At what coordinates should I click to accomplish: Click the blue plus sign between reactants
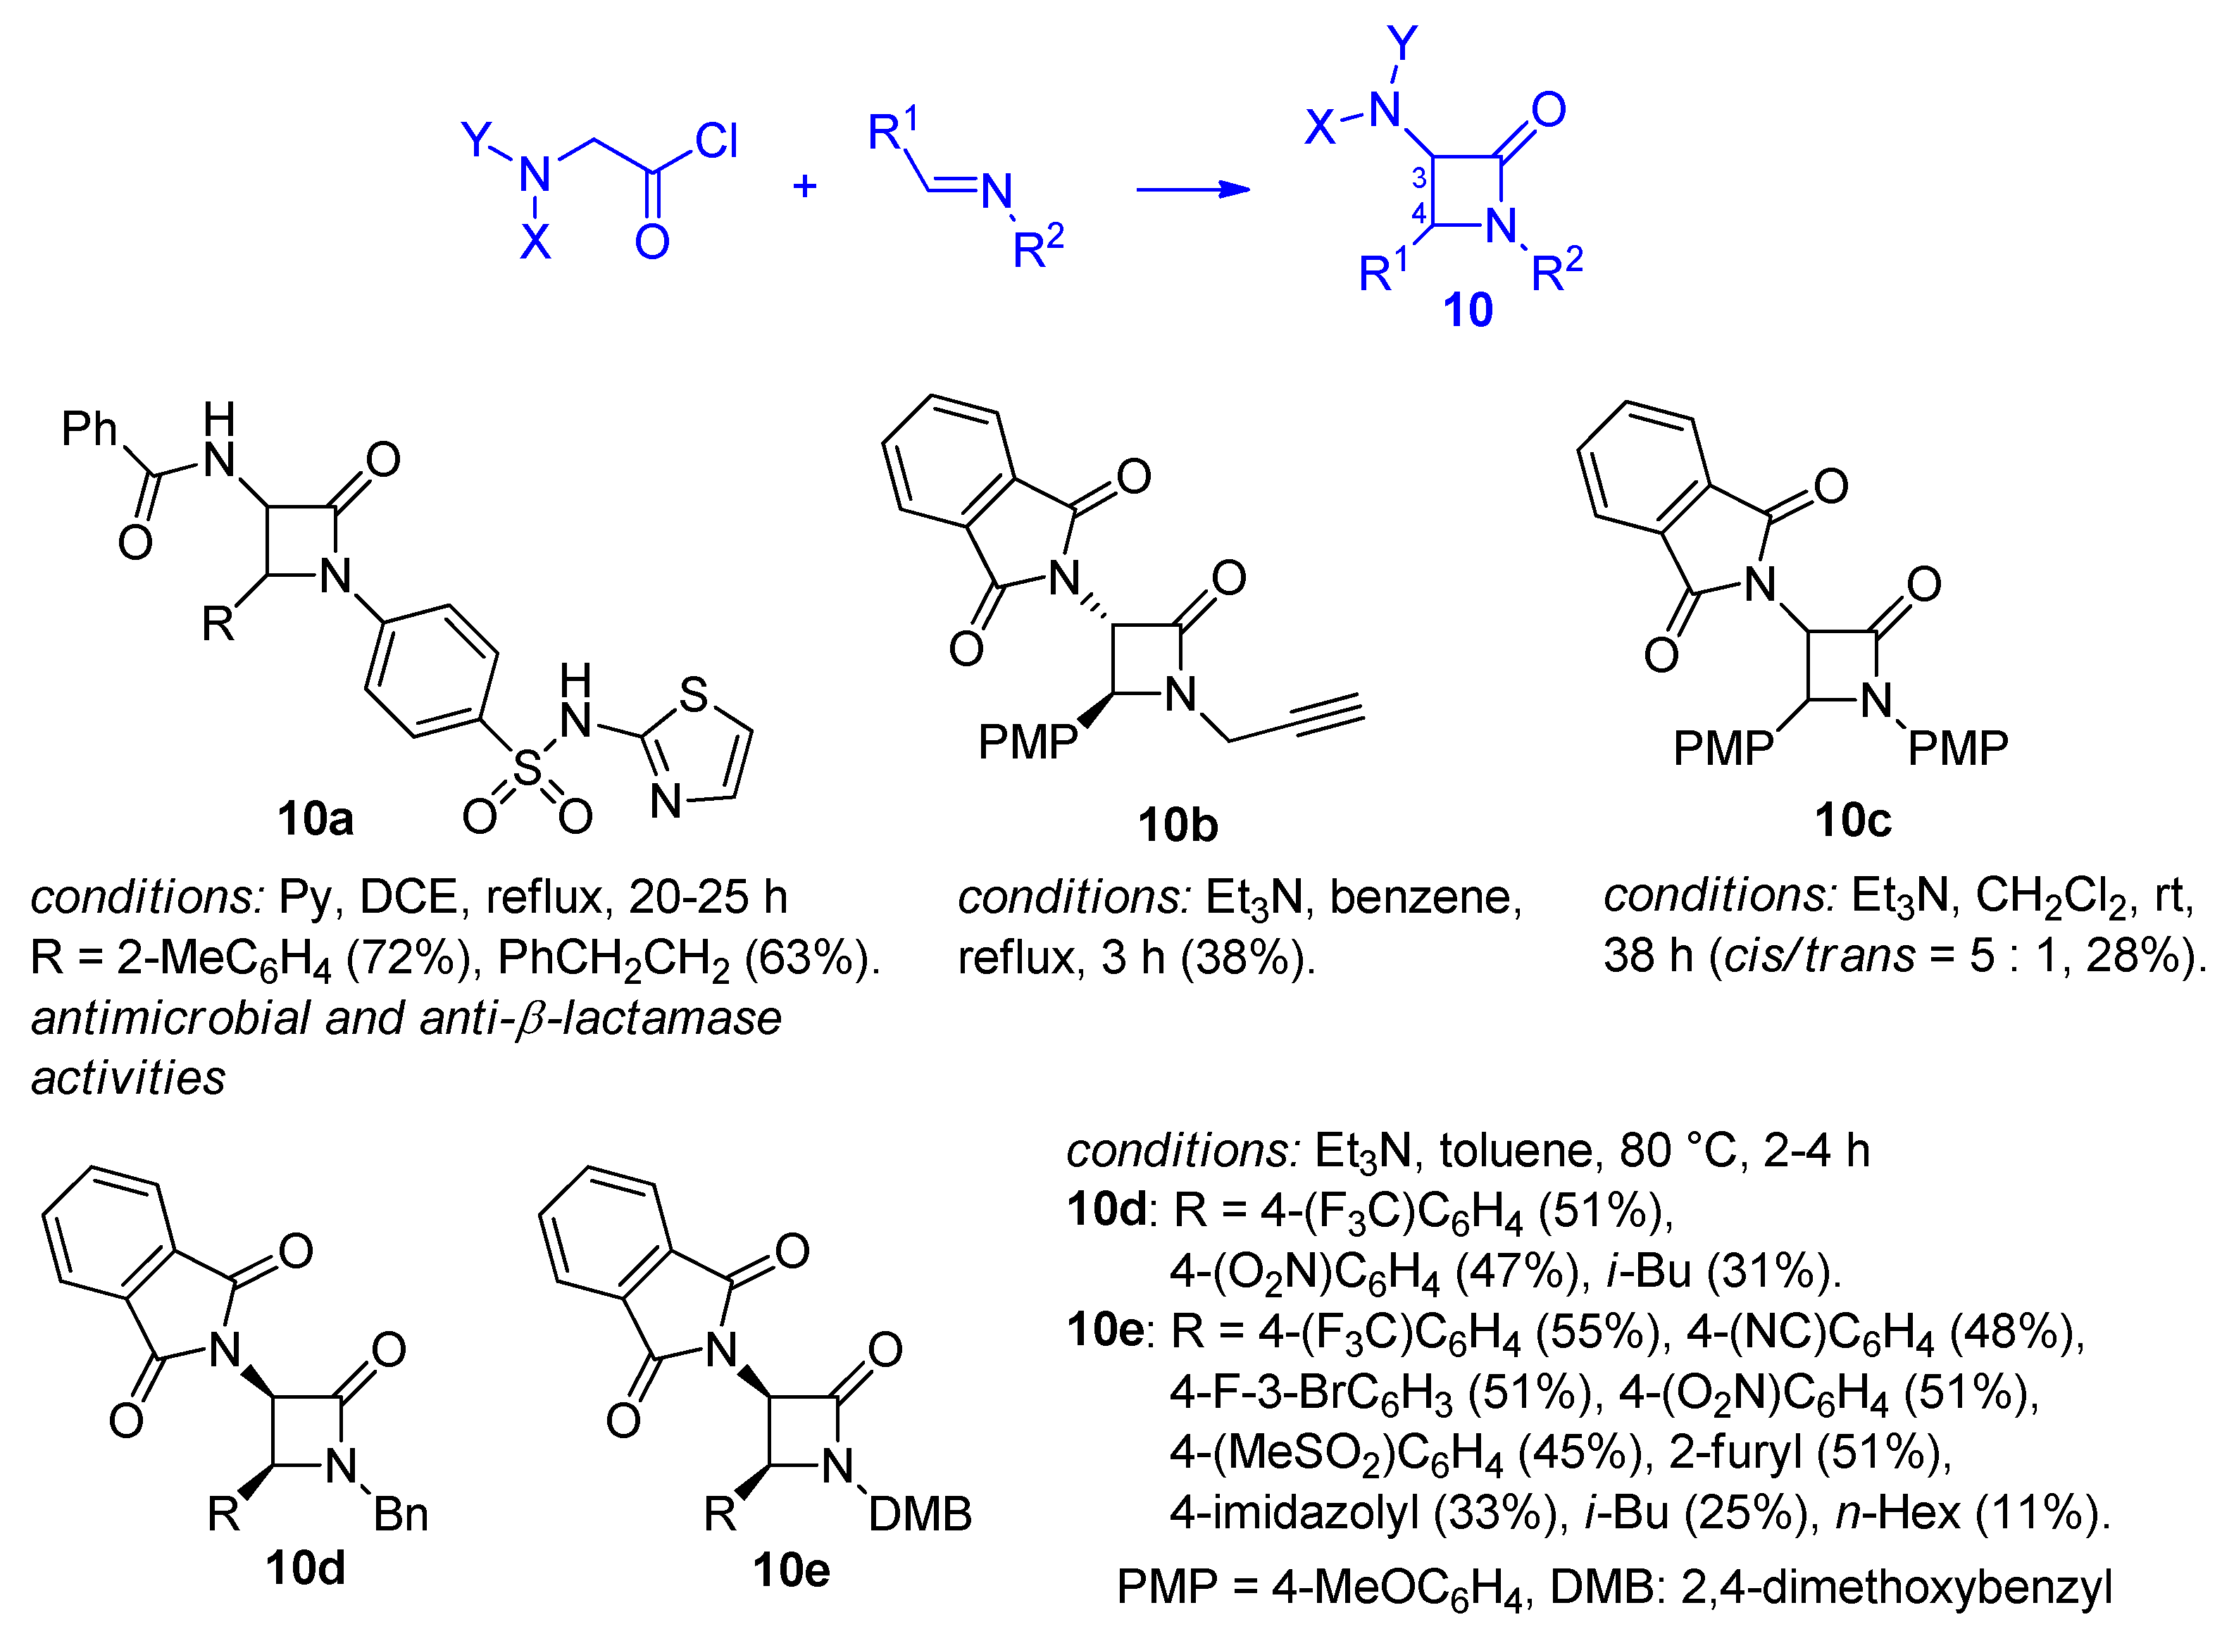pos(804,185)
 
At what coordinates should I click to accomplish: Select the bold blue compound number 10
pos(1467,311)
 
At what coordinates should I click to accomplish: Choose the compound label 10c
pos(1852,820)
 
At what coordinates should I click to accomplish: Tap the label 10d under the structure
pos(305,1568)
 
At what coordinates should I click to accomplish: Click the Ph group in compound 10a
pos(89,428)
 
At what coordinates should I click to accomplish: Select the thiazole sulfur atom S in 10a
pos(693,694)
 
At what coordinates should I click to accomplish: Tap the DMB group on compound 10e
pos(920,1513)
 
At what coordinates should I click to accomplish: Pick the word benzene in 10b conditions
pos(1425,897)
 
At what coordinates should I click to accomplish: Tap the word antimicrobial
pos(170,1018)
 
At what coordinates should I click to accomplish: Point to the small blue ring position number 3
pos(1418,178)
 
